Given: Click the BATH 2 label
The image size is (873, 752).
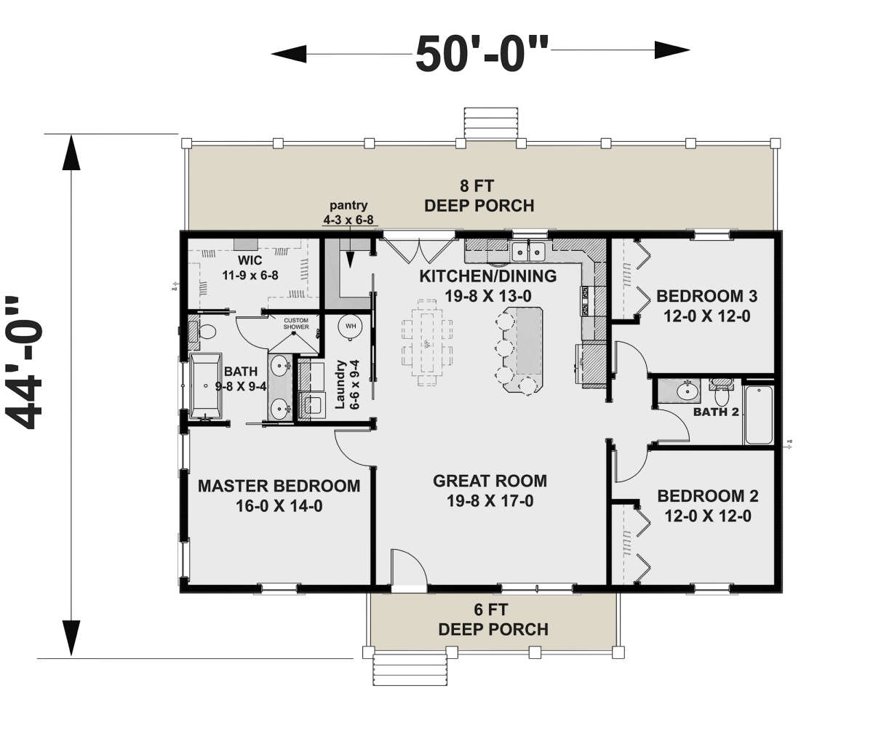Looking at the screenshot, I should [715, 412].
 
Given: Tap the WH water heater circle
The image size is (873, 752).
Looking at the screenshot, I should [351, 327].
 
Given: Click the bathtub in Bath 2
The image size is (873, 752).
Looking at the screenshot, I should [760, 415].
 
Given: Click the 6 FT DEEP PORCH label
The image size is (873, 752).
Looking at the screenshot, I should [493, 620].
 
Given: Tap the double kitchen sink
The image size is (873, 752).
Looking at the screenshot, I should [529, 252].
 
